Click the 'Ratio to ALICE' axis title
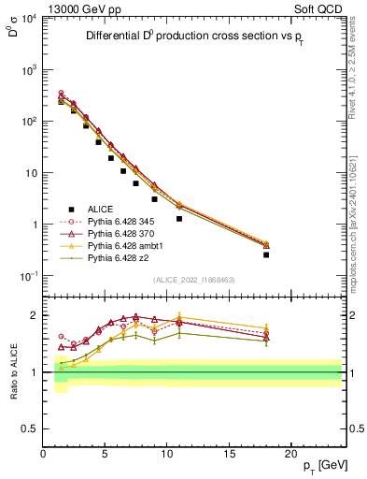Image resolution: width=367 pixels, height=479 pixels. pos(12,371)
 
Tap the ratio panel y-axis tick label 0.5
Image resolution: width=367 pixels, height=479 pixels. pos(30,429)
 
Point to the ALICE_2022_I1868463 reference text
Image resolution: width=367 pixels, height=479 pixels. pos(193,280)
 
